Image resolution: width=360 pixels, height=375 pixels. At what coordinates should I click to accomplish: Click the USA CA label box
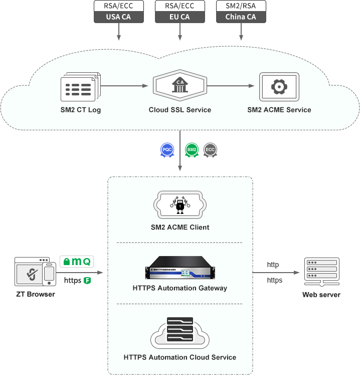point(118,17)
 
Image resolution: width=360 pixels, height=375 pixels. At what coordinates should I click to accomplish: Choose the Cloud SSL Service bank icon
point(179,86)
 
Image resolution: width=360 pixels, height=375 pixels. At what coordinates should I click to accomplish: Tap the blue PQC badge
point(167,150)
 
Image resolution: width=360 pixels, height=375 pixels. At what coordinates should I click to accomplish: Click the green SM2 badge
point(192,150)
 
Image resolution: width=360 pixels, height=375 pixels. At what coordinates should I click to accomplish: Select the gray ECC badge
point(210,150)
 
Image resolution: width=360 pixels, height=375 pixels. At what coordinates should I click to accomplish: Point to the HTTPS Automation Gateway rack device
point(179,269)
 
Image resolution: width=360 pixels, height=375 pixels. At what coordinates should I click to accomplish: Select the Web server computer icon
point(321,272)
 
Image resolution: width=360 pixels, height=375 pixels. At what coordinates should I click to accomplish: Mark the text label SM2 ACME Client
point(179,227)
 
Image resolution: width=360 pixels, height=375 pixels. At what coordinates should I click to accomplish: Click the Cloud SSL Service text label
point(179,110)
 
